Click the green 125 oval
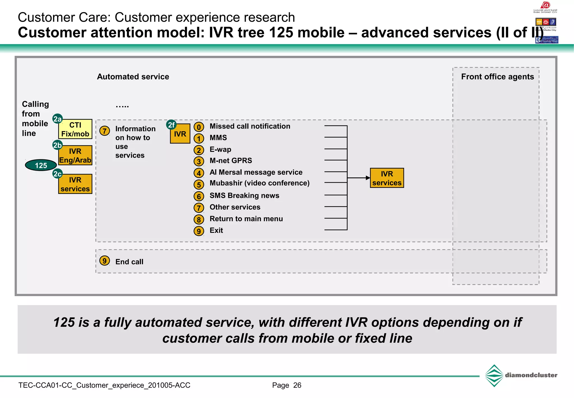(41, 165)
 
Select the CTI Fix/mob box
(75, 129)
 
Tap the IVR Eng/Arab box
(75, 155)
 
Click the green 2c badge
(57, 174)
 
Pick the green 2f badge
(171, 125)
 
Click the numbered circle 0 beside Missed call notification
(199, 127)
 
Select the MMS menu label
(218, 138)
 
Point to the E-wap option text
(220, 149)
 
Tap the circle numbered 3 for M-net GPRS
(199, 161)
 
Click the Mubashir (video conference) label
(260, 183)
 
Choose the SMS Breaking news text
(244, 195)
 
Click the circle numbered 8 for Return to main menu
(199, 219)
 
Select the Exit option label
(216, 230)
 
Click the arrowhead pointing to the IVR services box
(368, 178)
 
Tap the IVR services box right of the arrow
(387, 178)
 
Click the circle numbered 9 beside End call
(105, 261)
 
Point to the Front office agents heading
(497, 77)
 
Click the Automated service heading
(133, 77)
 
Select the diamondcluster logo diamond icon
(494, 376)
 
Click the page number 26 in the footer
(297, 385)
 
